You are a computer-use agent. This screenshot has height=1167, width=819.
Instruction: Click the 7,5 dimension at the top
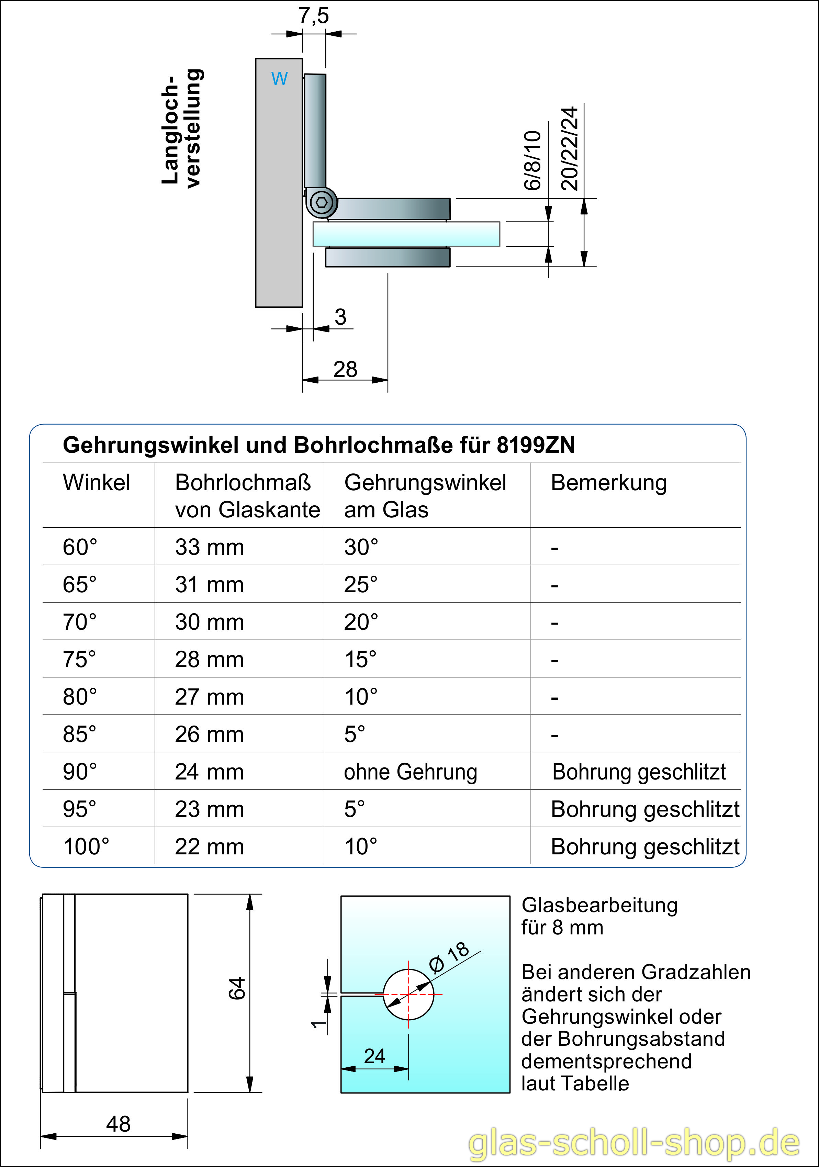[314, 16]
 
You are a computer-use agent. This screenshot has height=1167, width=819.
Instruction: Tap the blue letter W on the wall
[279, 78]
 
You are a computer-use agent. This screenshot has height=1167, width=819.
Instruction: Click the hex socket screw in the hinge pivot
[321, 202]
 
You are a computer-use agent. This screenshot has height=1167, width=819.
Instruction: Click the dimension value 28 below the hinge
[345, 370]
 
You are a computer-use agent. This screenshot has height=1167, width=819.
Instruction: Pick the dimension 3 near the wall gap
[340, 317]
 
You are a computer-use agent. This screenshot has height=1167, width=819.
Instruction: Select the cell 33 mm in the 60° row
[210, 547]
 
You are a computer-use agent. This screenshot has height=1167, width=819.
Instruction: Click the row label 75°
[79, 659]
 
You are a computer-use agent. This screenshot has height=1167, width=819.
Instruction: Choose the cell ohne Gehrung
[410, 772]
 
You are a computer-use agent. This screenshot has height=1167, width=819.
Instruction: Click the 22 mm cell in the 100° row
[210, 847]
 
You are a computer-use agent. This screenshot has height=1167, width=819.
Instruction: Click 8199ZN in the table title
[535, 445]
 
